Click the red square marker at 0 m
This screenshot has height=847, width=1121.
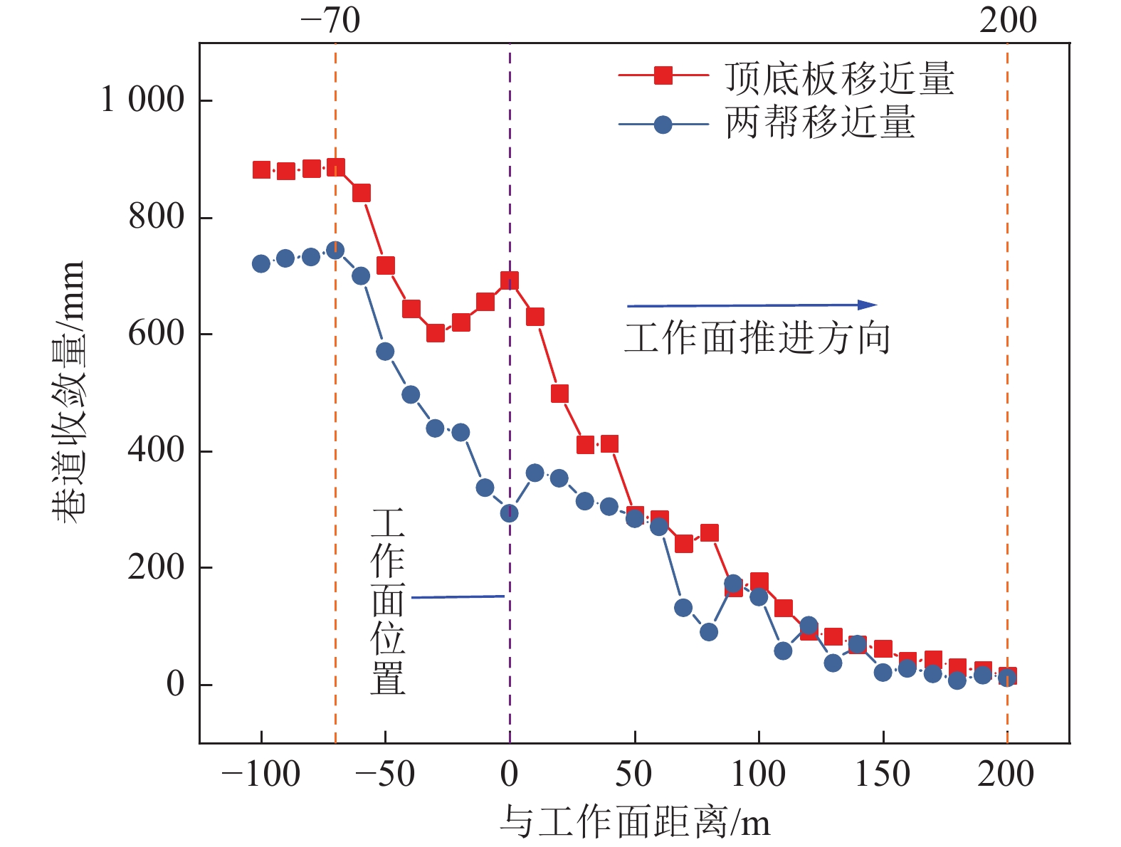coord(510,280)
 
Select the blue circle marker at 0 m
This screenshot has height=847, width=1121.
coord(509,513)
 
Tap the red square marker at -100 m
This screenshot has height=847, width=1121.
coord(261,169)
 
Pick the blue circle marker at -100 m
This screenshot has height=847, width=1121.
coord(261,263)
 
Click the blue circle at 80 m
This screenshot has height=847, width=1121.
coord(708,631)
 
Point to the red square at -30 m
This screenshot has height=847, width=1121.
coord(436,332)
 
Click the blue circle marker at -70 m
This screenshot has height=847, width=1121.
coord(335,250)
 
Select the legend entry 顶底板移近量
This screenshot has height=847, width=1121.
coord(839,78)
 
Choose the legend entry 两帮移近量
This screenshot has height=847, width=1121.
coord(820,122)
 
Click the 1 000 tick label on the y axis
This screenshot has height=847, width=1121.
coord(143,100)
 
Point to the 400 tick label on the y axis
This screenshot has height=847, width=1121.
coord(156,450)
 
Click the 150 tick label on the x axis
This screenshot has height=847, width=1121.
coord(882,774)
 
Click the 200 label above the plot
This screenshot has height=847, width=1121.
coord(1007,21)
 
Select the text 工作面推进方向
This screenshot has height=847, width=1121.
coord(757,337)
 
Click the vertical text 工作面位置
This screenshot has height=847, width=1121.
coord(388,601)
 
